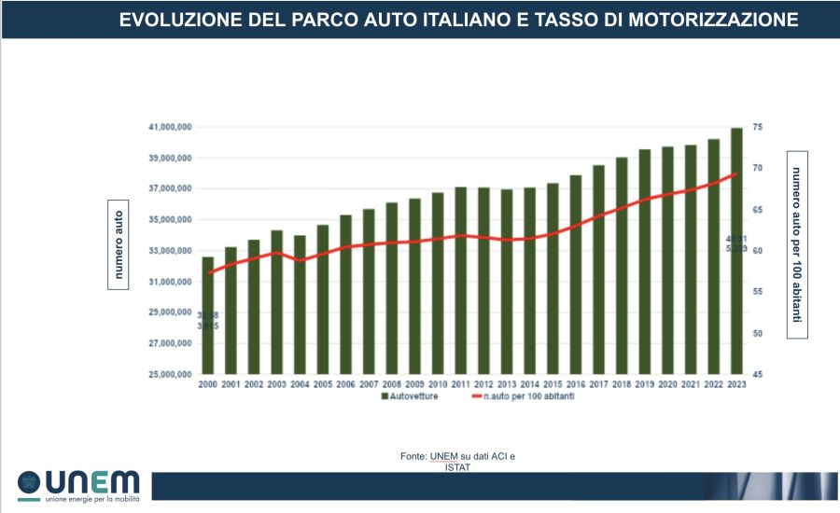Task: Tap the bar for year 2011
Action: (460, 280)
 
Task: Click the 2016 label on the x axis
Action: (575, 383)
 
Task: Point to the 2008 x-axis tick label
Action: (391, 383)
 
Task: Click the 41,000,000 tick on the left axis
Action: (170, 127)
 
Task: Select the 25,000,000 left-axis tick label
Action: (170, 375)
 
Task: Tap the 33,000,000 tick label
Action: (170, 251)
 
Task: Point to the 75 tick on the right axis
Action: (758, 127)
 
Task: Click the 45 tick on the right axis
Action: (758, 375)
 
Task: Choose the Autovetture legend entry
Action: (410, 396)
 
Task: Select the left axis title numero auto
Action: (119, 245)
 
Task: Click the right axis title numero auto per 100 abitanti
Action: (797, 243)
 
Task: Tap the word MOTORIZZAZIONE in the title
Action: (707, 20)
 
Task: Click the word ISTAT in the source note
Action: (457, 467)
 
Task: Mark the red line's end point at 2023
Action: (736, 173)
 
